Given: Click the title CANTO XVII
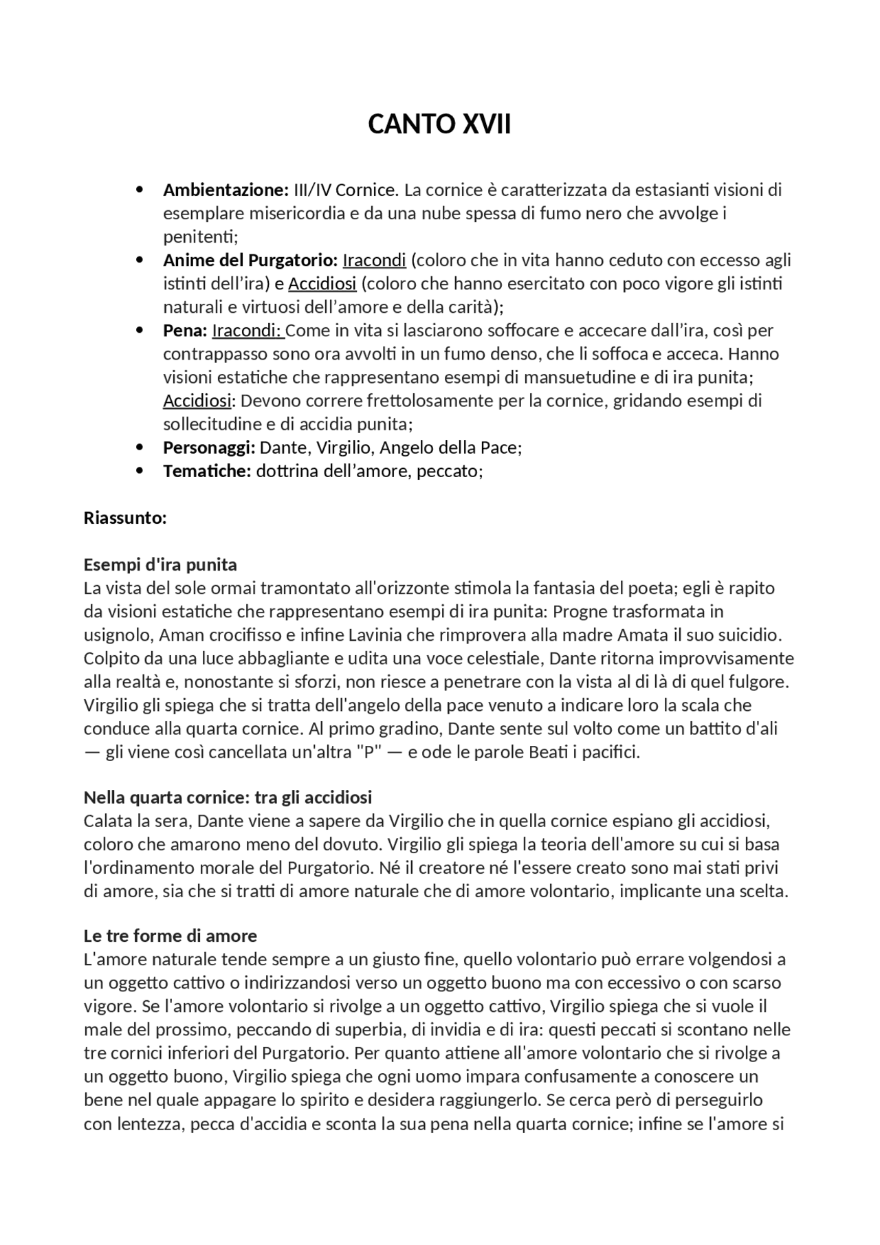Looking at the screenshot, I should click(x=439, y=124).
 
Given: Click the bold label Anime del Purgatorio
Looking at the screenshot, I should click(x=250, y=261).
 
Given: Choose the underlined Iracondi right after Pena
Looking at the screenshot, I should click(x=247, y=331).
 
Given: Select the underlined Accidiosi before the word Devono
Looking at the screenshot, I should click(x=197, y=401).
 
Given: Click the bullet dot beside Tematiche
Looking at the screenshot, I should click(x=140, y=471).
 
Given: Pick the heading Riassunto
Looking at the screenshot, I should click(x=125, y=518).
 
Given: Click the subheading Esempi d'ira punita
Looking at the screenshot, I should click(x=160, y=564).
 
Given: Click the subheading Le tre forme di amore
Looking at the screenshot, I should click(x=170, y=936).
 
